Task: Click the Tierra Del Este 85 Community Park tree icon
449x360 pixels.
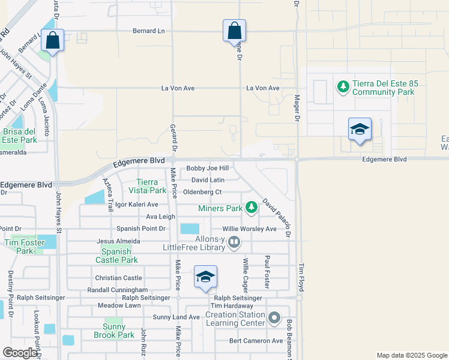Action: (x=343, y=87)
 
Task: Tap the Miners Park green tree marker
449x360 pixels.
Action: (x=252, y=208)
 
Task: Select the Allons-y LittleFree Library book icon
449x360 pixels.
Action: (x=234, y=243)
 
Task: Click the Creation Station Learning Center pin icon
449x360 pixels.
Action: (x=274, y=318)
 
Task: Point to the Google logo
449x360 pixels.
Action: (x=20, y=353)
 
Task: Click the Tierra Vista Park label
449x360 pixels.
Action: (x=147, y=186)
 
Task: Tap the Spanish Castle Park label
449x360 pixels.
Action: (x=116, y=256)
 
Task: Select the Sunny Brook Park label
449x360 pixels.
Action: (x=114, y=331)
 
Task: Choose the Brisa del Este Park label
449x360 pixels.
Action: (x=19, y=136)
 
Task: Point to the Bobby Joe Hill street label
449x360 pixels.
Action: (x=208, y=169)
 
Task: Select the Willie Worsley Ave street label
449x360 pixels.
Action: (x=249, y=229)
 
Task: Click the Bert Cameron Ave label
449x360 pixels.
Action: (x=256, y=341)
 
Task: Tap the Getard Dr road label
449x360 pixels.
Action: (x=173, y=137)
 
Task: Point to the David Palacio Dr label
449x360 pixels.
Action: (x=276, y=218)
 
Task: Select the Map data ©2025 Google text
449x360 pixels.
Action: (x=411, y=355)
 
